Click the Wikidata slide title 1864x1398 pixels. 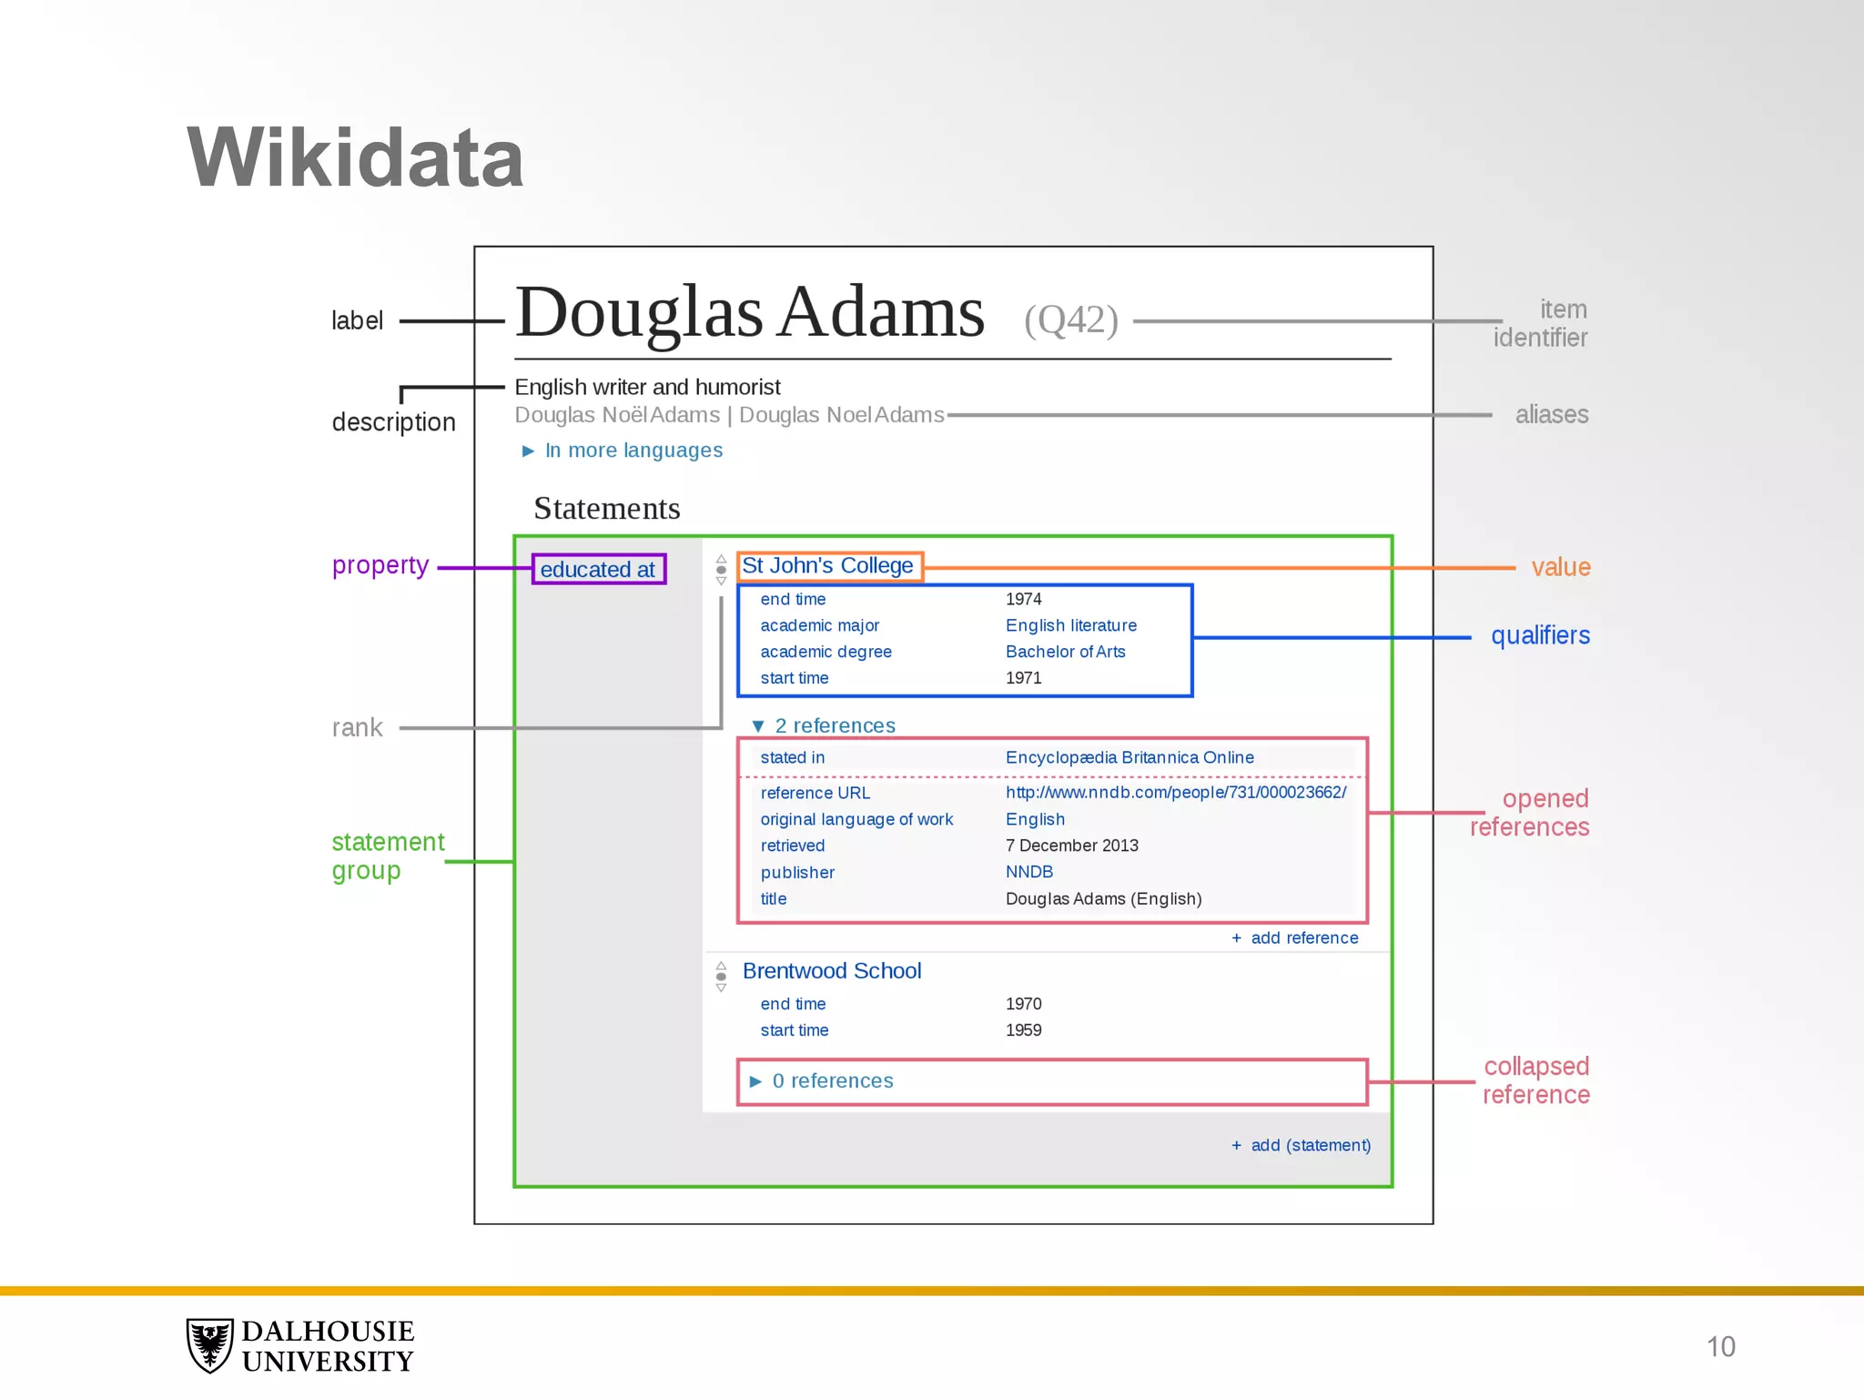[355, 158]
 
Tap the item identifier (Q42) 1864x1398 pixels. [1070, 319]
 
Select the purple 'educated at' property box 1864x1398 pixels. [598, 570]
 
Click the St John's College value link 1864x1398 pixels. [827, 566]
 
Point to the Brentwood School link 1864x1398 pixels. [832, 971]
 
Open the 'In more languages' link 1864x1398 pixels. [633, 451]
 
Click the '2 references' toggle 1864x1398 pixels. [834, 725]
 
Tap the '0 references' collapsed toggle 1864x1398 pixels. [832, 1081]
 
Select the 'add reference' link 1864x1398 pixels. [1303, 938]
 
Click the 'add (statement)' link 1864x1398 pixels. [1310, 1146]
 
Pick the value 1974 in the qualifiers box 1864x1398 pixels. [1023, 599]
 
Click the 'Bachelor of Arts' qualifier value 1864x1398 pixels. [1065, 652]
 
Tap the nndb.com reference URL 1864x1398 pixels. [1175, 793]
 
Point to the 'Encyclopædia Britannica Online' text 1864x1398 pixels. [1129, 757]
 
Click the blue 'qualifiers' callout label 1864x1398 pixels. [1540, 635]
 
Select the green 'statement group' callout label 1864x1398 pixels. [387, 856]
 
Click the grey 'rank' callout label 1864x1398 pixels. [357, 728]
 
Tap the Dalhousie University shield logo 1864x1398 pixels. [210, 1345]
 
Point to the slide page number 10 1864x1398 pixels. [1720, 1347]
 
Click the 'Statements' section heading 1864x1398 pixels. [606, 509]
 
